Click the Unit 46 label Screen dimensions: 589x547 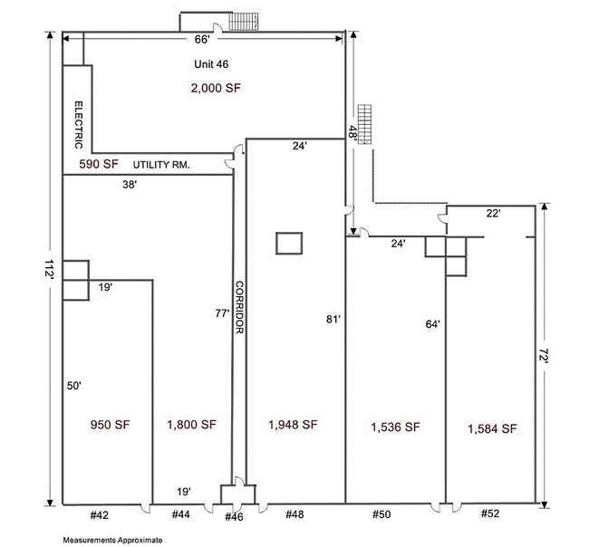211,64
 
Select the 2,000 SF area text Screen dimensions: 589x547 216,88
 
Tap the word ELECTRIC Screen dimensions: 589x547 79,125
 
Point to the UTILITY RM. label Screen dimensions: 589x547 161,165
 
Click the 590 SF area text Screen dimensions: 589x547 99,164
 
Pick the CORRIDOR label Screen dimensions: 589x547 239,308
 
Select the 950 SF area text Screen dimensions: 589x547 110,425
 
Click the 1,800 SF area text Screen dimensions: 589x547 191,425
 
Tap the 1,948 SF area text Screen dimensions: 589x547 293,425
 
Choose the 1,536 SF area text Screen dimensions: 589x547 395,427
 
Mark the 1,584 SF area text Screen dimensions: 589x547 492,428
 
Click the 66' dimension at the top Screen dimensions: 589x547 202,40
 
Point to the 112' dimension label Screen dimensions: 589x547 50,270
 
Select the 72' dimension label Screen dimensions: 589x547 544,355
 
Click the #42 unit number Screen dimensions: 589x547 100,515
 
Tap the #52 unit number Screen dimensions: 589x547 490,513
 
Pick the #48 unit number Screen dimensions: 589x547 294,514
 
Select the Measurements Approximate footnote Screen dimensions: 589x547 112,541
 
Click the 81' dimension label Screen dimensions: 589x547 333,319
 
